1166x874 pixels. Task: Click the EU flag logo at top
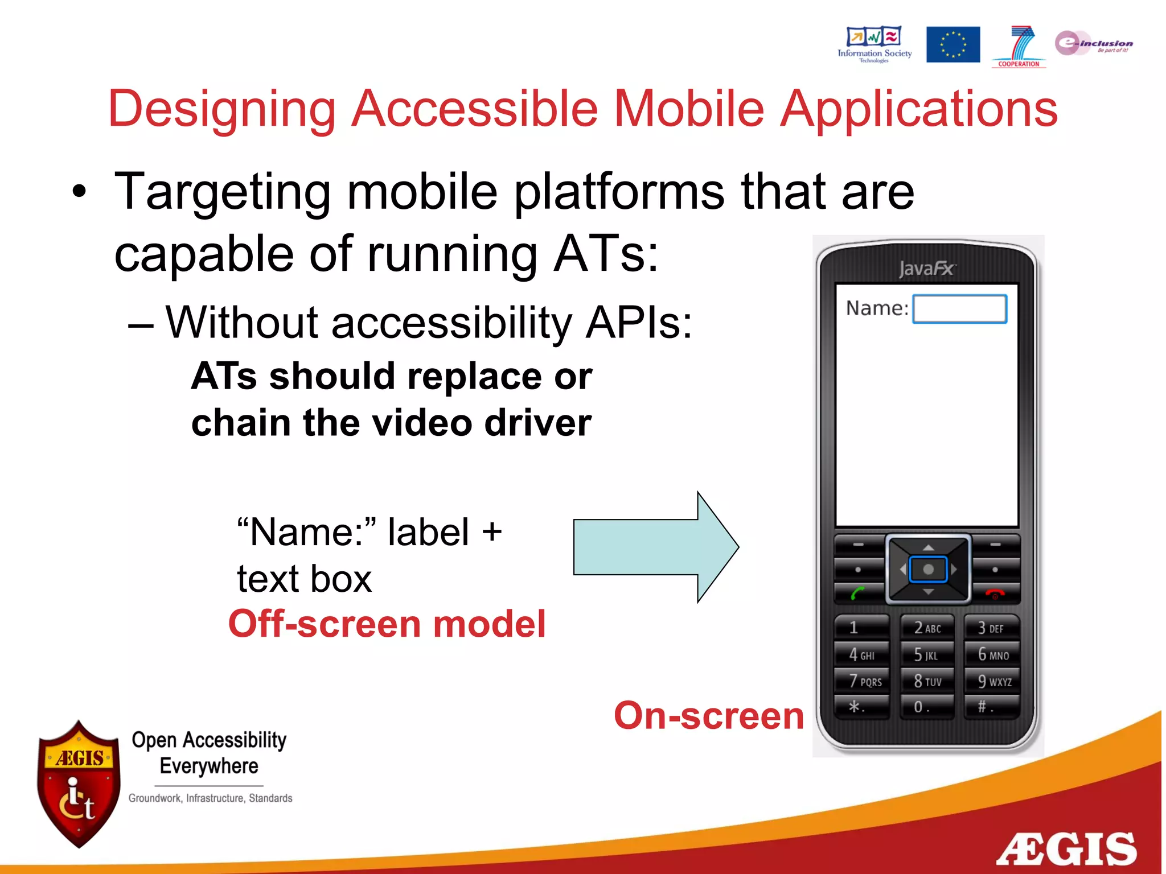952,44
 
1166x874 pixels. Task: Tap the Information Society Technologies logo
874,44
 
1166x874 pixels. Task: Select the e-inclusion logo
1093,43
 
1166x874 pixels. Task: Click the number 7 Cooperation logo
1019,46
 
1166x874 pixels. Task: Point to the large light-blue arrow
655,547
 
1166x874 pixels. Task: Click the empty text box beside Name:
959,309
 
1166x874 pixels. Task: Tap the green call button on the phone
858,593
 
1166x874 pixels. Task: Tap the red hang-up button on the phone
995,593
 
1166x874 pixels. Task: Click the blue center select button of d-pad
928,569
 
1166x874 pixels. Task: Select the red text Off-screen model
387,624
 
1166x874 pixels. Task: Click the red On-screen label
708,715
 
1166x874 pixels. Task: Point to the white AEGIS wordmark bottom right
1066,849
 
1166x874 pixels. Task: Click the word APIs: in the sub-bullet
639,323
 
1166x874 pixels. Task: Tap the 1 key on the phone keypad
860,628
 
